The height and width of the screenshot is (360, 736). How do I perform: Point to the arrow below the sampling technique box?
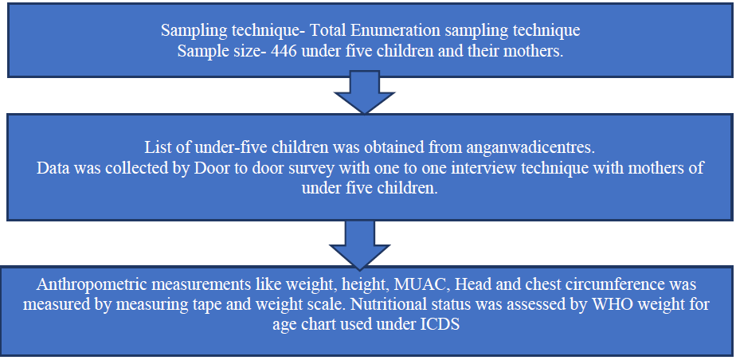click(364, 92)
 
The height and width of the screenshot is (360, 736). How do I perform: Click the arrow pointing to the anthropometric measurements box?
click(359, 245)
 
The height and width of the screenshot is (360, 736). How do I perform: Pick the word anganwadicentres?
click(531, 148)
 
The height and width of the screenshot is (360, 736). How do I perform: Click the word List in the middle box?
click(155, 148)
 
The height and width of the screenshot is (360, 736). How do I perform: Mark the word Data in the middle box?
click(51, 167)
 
